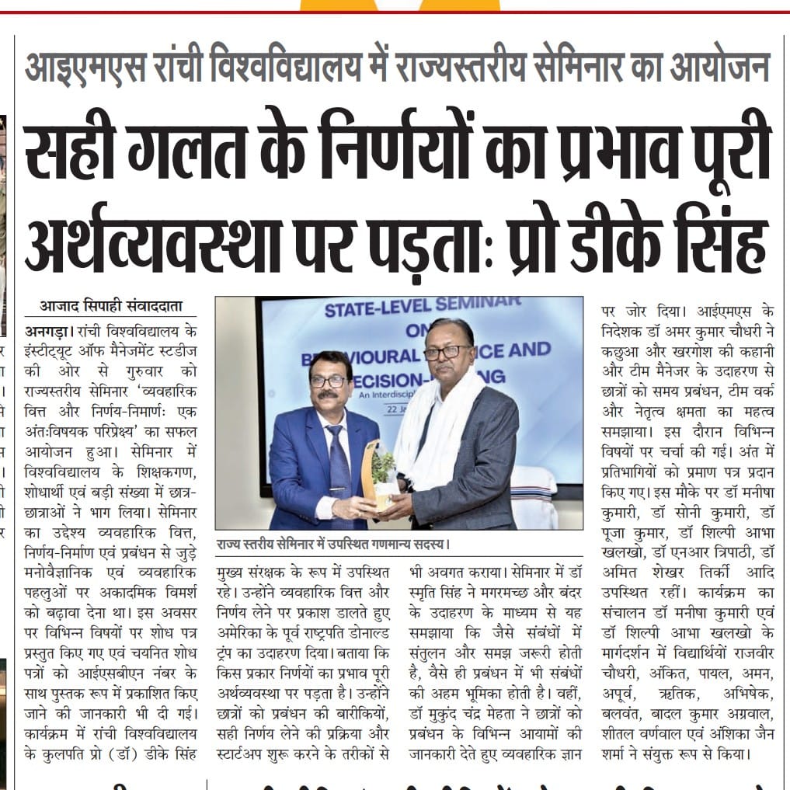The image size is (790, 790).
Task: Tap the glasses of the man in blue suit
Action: [329, 381]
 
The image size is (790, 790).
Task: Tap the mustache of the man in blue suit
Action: [329, 395]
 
